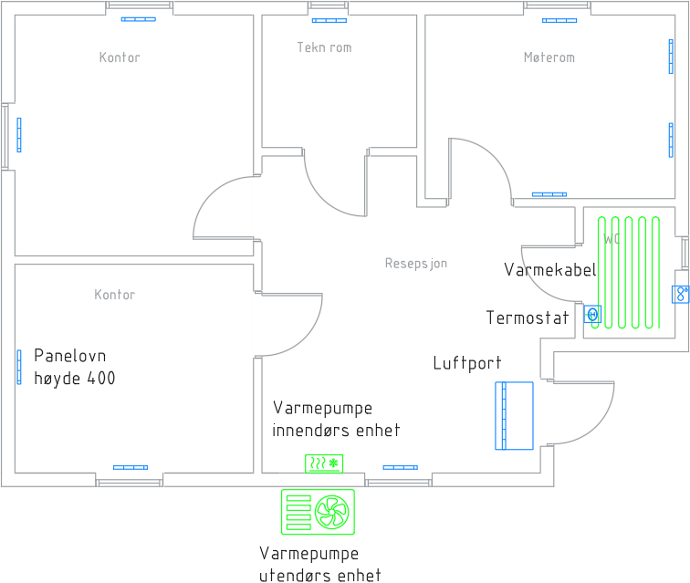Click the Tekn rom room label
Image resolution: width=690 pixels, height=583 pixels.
pos(324,47)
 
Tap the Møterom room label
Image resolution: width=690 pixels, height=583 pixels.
pos(549,57)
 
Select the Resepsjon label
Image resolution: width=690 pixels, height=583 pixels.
pos(416,264)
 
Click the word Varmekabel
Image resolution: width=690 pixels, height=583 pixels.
pos(549,270)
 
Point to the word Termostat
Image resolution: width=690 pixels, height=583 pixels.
pos(528,318)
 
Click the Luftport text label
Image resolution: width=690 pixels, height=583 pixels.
pos(466,363)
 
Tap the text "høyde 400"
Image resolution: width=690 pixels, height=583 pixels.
pos(75,379)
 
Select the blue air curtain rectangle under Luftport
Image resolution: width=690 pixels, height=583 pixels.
pos(514,415)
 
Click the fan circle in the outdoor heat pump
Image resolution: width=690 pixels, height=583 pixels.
pos(333,511)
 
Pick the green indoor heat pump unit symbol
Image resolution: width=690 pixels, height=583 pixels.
pos(323,463)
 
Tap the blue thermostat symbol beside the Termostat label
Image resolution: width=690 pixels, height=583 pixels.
pos(593,316)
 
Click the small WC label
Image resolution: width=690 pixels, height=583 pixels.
pos(610,239)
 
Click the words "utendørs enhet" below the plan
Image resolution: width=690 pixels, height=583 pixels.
pos(319,575)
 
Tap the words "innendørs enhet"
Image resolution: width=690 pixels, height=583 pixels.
pos(336,431)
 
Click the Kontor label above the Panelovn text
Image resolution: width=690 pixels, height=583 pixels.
pos(114,295)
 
